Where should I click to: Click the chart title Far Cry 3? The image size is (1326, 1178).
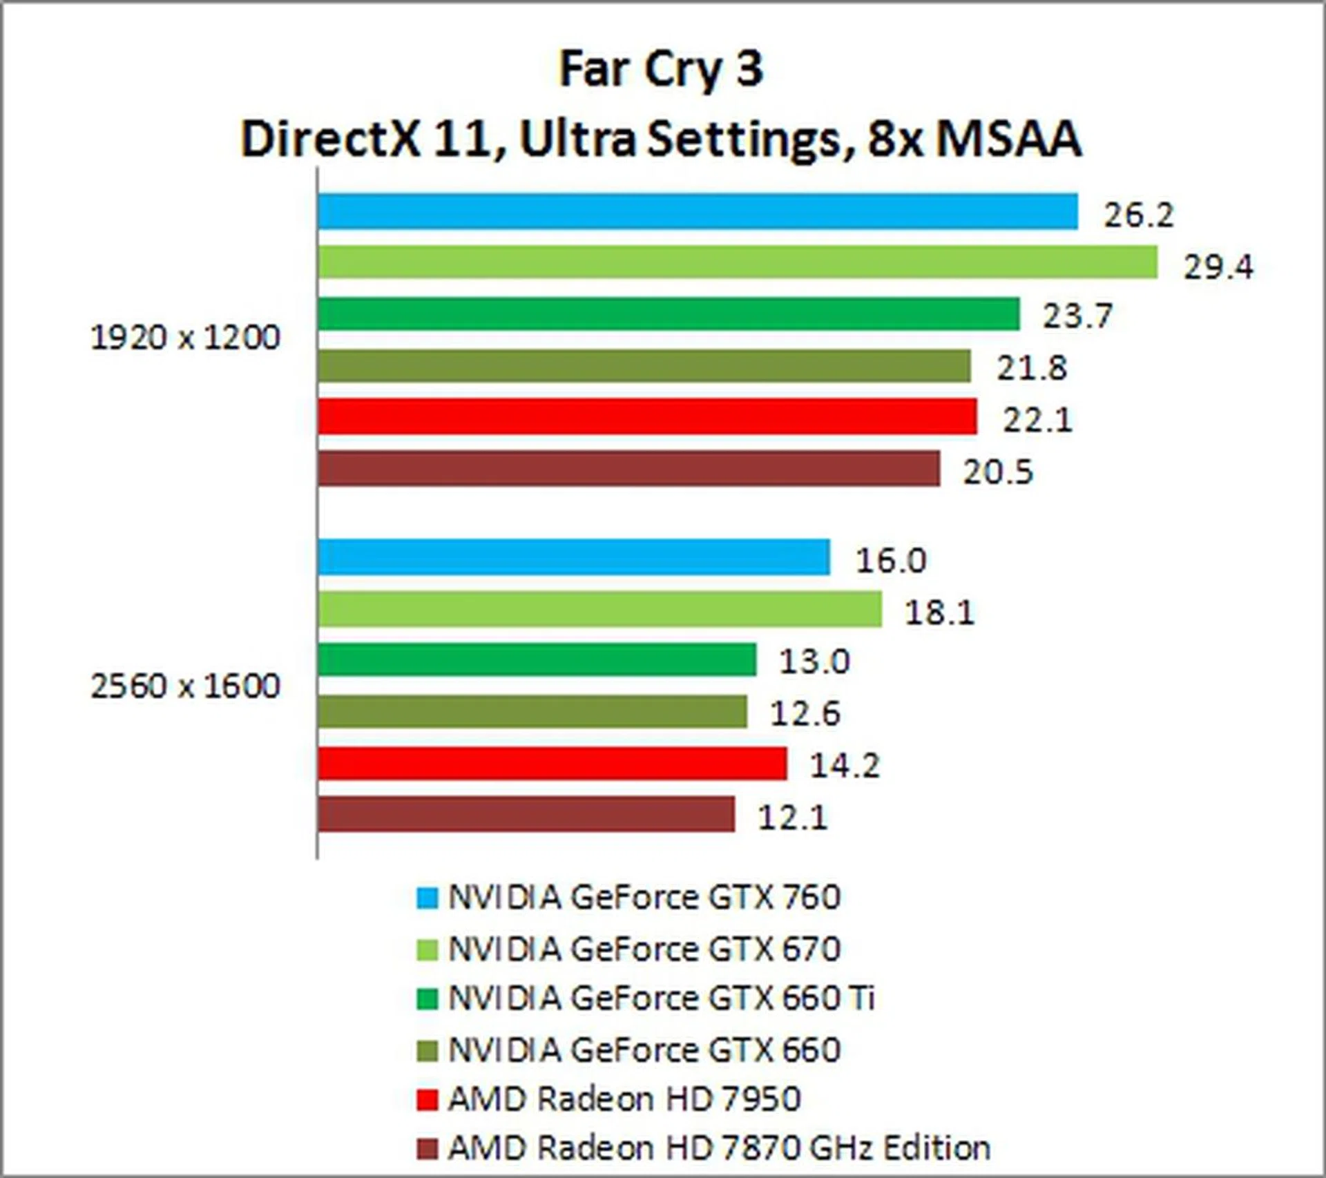[661, 70]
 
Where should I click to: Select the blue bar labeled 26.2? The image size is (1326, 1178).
[698, 211]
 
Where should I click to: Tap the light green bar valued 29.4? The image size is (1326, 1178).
[738, 262]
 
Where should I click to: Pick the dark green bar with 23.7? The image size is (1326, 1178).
[669, 314]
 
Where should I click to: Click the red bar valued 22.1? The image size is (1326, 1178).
[647, 416]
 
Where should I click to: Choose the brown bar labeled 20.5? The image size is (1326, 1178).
[628, 469]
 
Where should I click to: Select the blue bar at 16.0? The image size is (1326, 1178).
[574, 557]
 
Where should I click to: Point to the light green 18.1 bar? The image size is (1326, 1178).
[599, 609]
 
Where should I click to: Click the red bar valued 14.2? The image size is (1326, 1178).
[552, 764]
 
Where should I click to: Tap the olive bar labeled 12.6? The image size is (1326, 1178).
[532, 712]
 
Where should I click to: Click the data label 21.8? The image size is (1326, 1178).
[1031, 368]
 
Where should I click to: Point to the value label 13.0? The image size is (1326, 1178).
[814, 662]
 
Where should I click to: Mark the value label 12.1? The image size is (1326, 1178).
[793, 818]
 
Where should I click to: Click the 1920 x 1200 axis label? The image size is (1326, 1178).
[185, 338]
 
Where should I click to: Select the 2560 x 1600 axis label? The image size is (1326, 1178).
[185, 686]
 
